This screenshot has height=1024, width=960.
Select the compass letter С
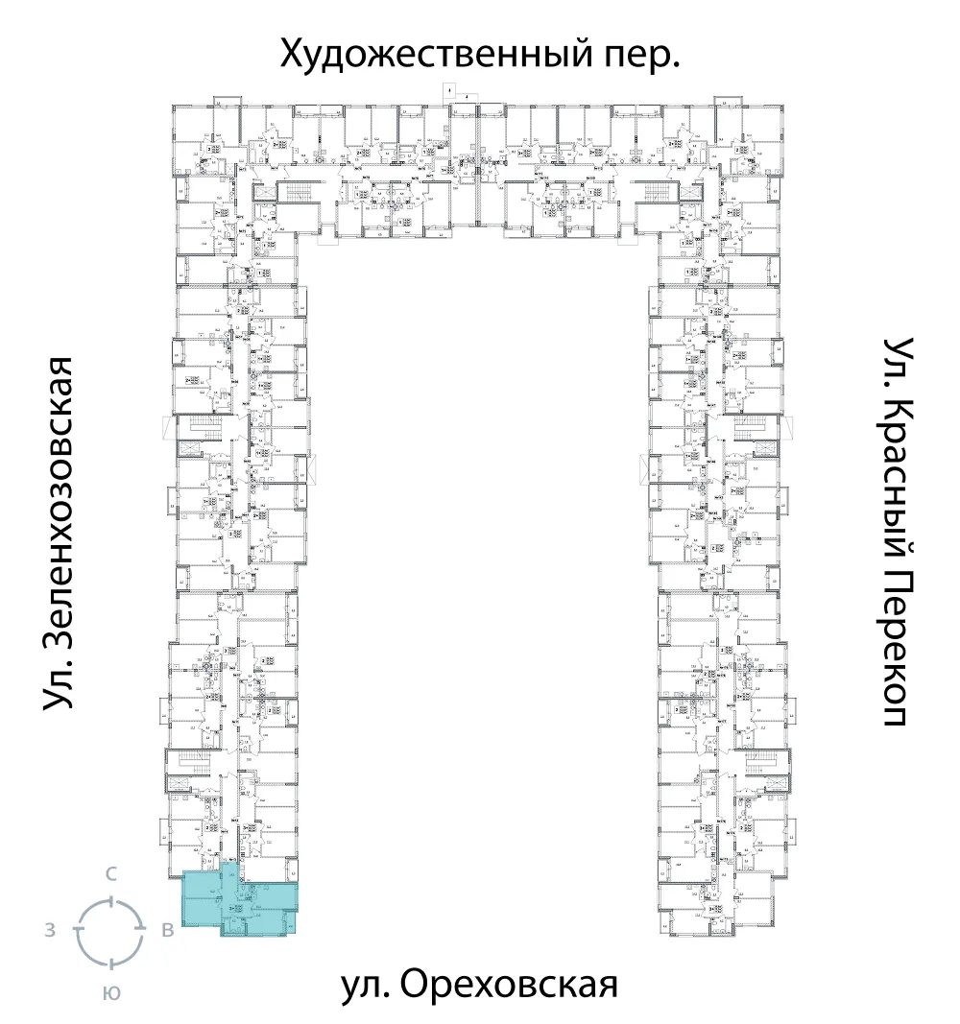[x=111, y=874]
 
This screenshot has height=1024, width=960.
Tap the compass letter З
[x=48, y=930]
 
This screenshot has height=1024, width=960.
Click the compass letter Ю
[x=111, y=993]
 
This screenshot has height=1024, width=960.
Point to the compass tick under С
[x=111, y=901]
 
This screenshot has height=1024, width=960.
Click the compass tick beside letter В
[x=141, y=930]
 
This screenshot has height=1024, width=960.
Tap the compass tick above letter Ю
[x=111, y=961]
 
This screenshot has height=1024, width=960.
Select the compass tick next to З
[x=81, y=930]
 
